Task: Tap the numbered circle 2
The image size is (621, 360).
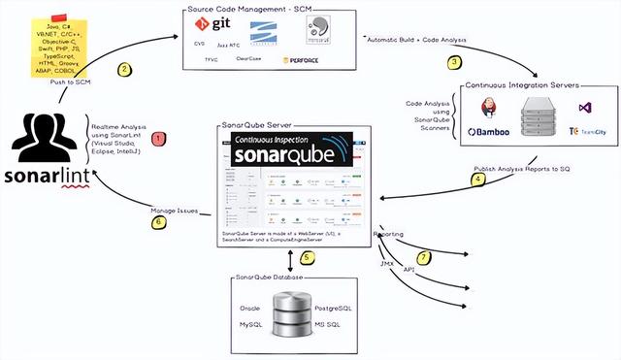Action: [124, 69]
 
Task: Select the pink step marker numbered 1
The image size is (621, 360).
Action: [159, 141]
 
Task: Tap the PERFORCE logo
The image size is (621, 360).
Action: [300, 60]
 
